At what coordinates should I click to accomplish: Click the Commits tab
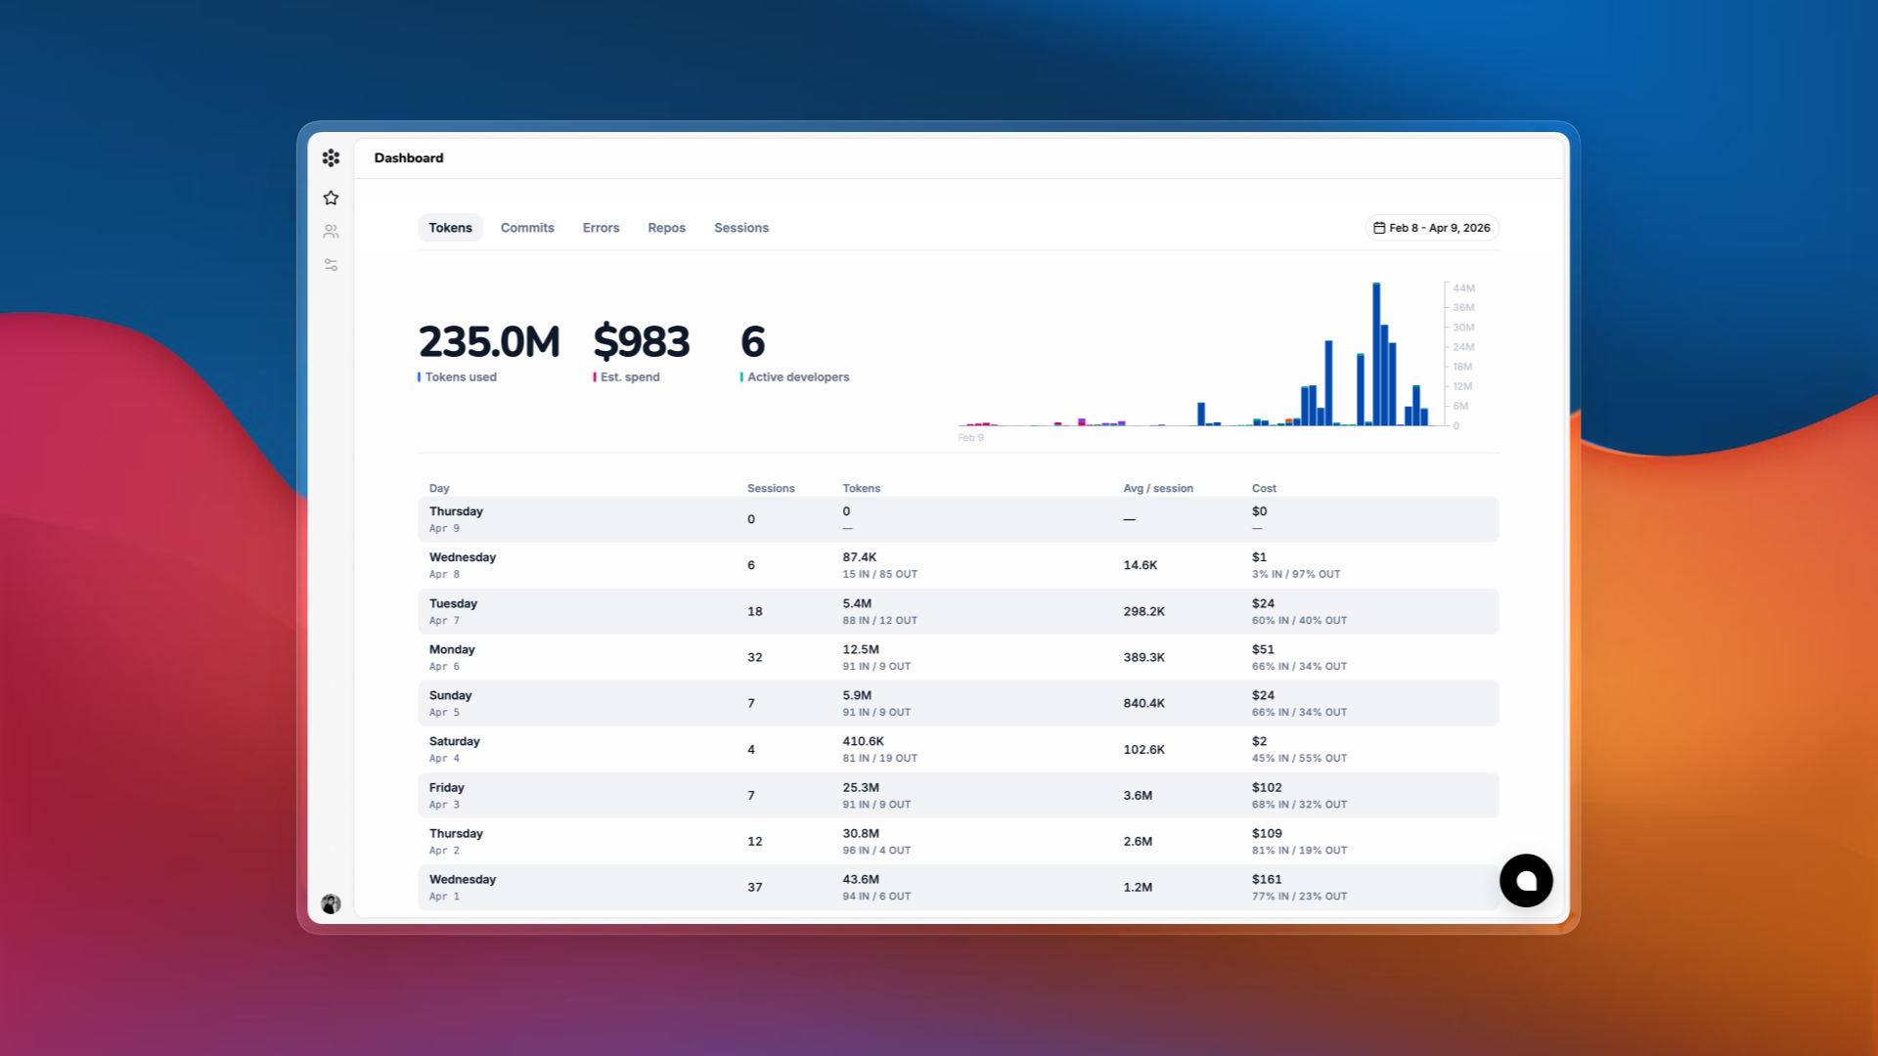click(527, 228)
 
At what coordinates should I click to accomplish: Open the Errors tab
click(601, 228)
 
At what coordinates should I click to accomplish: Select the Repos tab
click(666, 228)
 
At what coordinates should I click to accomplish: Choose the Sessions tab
click(740, 228)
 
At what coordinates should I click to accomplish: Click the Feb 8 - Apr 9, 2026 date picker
click(1432, 228)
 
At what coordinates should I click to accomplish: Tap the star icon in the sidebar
click(331, 198)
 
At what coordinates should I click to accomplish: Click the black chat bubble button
click(1526, 881)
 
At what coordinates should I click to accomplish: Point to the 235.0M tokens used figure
click(489, 342)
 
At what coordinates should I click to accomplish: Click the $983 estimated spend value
click(642, 342)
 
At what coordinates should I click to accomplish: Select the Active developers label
click(798, 377)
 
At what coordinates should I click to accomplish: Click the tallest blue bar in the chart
click(1376, 354)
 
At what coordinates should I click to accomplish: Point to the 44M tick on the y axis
click(1463, 288)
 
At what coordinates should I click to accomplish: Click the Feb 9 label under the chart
click(970, 438)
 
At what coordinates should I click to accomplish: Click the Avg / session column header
click(1158, 488)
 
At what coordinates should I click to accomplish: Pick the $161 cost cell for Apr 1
click(1267, 879)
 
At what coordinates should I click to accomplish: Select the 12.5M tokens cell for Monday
click(861, 649)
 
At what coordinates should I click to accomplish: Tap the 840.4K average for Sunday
click(1143, 703)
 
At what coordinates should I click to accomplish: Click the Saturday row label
click(455, 741)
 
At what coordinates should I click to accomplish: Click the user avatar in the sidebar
click(331, 903)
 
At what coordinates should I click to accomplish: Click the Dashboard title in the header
click(409, 158)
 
